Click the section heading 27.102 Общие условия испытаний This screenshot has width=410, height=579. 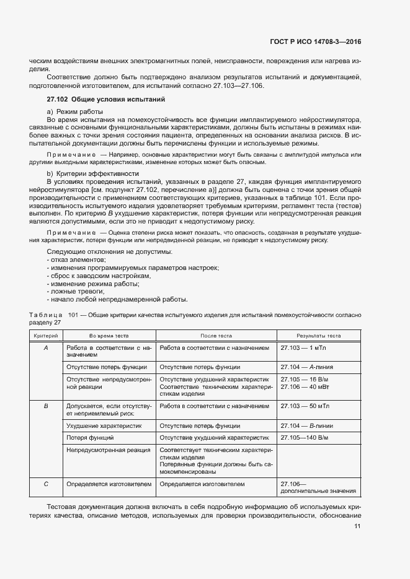[105, 99]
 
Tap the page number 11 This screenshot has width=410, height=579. [357, 526]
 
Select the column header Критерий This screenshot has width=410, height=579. [45, 335]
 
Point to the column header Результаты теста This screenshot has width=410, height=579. [318, 335]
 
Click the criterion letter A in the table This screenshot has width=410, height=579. [45, 348]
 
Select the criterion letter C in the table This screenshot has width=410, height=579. [45, 484]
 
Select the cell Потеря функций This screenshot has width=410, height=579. [90, 438]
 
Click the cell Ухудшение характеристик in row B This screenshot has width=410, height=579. [104, 425]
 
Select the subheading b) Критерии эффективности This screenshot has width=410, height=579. [89, 173]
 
